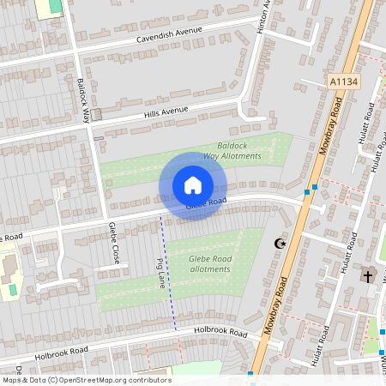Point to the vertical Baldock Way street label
tap(84, 100)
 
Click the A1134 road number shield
tap(343, 81)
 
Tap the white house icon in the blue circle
tap(193, 185)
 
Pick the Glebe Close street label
tap(113, 243)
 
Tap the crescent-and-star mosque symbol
tap(278, 244)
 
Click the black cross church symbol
tap(368, 276)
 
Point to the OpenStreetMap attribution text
tap(86, 380)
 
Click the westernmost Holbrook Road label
tap(61, 352)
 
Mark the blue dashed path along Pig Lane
tap(168, 274)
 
